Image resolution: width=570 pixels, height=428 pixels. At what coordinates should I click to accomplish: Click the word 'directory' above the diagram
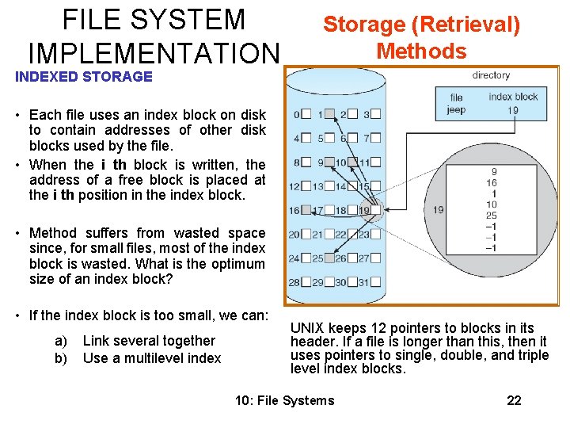[x=491, y=75]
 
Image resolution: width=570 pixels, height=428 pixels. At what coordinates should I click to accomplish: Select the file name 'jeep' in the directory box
[x=456, y=109]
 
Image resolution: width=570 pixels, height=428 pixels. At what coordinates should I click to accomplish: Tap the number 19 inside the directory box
[x=514, y=110]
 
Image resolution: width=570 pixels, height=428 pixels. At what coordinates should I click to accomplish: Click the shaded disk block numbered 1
[x=328, y=114]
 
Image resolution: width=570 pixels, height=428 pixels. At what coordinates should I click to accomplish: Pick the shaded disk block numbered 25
[x=328, y=258]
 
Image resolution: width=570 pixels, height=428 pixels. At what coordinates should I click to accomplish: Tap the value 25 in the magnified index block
[x=492, y=216]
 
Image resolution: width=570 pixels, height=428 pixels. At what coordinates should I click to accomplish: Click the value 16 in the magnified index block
[x=492, y=182]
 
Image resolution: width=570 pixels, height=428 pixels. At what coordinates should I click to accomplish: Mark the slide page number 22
[x=514, y=400]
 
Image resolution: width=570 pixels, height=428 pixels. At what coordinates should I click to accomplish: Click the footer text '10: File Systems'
[x=285, y=400]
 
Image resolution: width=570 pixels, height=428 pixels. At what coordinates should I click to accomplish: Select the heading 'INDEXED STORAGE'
[x=83, y=77]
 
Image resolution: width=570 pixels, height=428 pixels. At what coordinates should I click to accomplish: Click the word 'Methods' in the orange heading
[x=421, y=52]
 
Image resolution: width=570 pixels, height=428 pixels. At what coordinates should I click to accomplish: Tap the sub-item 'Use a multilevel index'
[x=152, y=358]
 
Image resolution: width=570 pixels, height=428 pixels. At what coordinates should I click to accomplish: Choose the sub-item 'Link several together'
[x=149, y=341]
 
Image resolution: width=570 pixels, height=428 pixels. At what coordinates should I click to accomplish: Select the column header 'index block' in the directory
[x=513, y=97]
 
